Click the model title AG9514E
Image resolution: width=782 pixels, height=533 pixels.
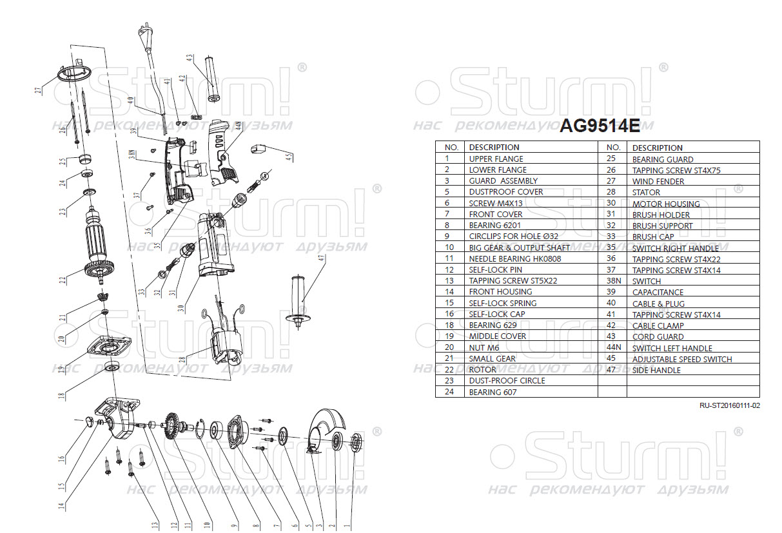pyautogui.click(x=599, y=126)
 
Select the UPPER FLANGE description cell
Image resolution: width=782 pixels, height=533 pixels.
pyautogui.click(x=496, y=159)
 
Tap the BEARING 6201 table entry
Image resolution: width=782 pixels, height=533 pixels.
pyautogui.click(x=494, y=225)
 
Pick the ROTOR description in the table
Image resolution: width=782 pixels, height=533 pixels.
pyautogui.click(x=483, y=369)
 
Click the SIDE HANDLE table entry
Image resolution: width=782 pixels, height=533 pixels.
pyautogui.click(x=656, y=370)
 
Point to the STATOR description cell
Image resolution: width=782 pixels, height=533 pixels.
pyautogui.click(x=646, y=192)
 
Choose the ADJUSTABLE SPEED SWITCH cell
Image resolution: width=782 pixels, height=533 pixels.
pyautogui.click(x=682, y=359)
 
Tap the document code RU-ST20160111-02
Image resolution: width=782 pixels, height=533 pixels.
pyautogui.click(x=730, y=405)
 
